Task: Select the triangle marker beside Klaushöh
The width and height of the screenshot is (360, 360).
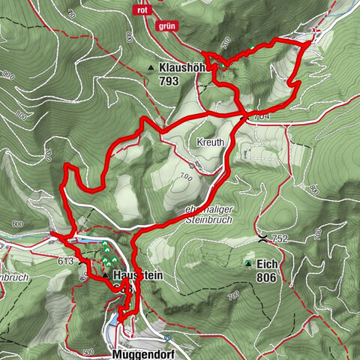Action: tap(151, 67)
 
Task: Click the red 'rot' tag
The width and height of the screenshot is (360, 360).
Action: tap(141, 10)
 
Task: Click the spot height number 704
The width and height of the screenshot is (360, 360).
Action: tap(261, 117)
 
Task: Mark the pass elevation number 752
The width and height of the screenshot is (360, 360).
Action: tap(280, 239)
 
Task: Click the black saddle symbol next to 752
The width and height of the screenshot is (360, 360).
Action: tap(262, 238)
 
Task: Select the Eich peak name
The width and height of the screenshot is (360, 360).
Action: tap(268, 265)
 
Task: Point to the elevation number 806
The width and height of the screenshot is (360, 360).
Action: tap(266, 277)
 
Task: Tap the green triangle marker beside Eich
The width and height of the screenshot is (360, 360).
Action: tap(248, 264)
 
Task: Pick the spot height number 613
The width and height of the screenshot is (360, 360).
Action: tap(65, 261)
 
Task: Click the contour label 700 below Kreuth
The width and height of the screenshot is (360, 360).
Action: tap(186, 178)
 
